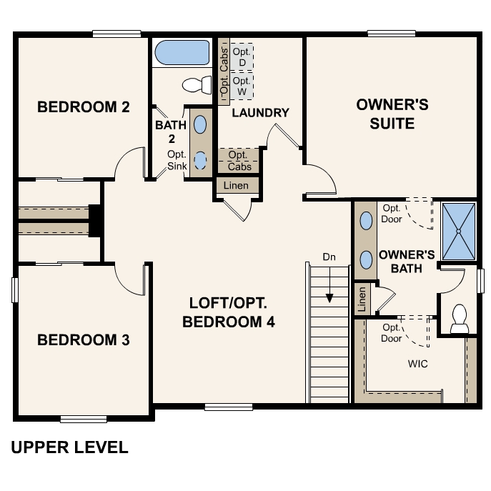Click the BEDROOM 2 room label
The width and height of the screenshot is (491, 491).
[x=83, y=107]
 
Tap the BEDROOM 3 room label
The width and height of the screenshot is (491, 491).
[x=83, y=339]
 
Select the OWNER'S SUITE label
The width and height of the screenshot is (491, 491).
[x=392, y=114]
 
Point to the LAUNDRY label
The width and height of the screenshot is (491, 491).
[x=260, y=112]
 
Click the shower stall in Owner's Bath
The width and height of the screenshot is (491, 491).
[x=458, y=232]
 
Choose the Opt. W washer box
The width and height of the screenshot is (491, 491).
[x=242, y=86]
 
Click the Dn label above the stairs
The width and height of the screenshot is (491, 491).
[x=329, y=256]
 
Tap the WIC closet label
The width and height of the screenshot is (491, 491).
[x=417, y=364]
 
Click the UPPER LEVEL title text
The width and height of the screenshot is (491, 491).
[x=70, y=448]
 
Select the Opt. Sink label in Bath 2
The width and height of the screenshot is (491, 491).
[x=177, y=160]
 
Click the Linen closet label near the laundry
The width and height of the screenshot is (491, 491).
[x=237, y=185]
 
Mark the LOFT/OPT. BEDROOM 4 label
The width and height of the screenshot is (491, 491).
[x=229, y=312]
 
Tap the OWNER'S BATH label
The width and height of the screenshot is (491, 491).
[x=406, y=261]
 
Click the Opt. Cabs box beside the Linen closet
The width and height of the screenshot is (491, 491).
[x=238, y=160]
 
